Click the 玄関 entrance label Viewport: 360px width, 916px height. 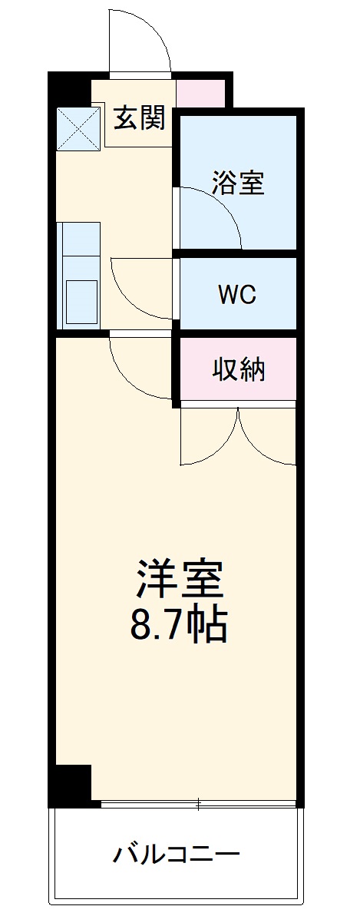[x=140, y=118]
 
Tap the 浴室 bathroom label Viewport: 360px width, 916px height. [x=238, y=184]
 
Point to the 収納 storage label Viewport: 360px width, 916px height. [x=239, y=369]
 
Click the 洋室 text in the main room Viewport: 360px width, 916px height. [x=180, y=580]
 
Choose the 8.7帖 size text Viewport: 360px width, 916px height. [x=180, y=626]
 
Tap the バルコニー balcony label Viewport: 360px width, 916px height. [x=178, y=853]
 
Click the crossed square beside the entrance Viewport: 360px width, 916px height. [x=78, y=128]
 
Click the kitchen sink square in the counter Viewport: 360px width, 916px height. [x=81, y=301]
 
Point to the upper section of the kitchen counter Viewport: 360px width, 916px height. [x=81, y=239]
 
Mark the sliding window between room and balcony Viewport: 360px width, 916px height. [x=198, y=805]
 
